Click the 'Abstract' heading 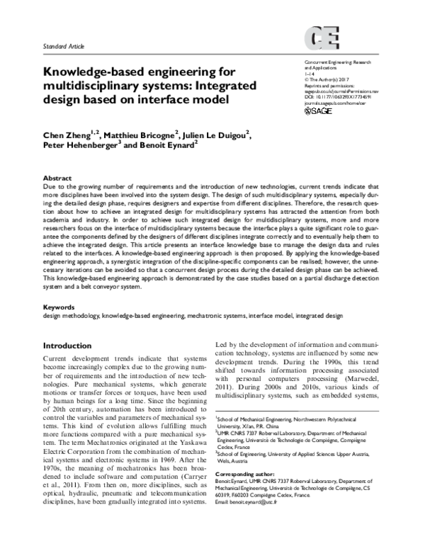pyautogui.click(x=57, y=178)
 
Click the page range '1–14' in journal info pyautogui.click(x=307, y=74)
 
